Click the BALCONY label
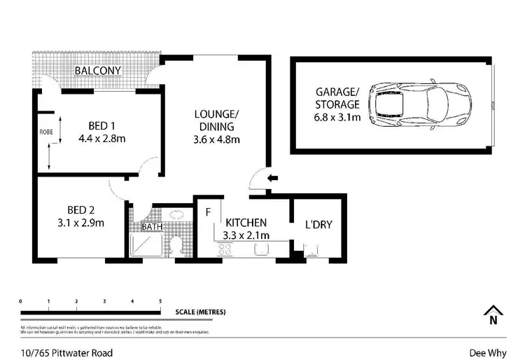[98, 71]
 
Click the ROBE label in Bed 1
[46, 131]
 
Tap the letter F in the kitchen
[208, 211]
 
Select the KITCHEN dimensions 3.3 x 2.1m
[246, 235]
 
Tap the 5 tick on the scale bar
[160, 302]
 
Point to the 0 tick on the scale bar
[21, 302]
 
